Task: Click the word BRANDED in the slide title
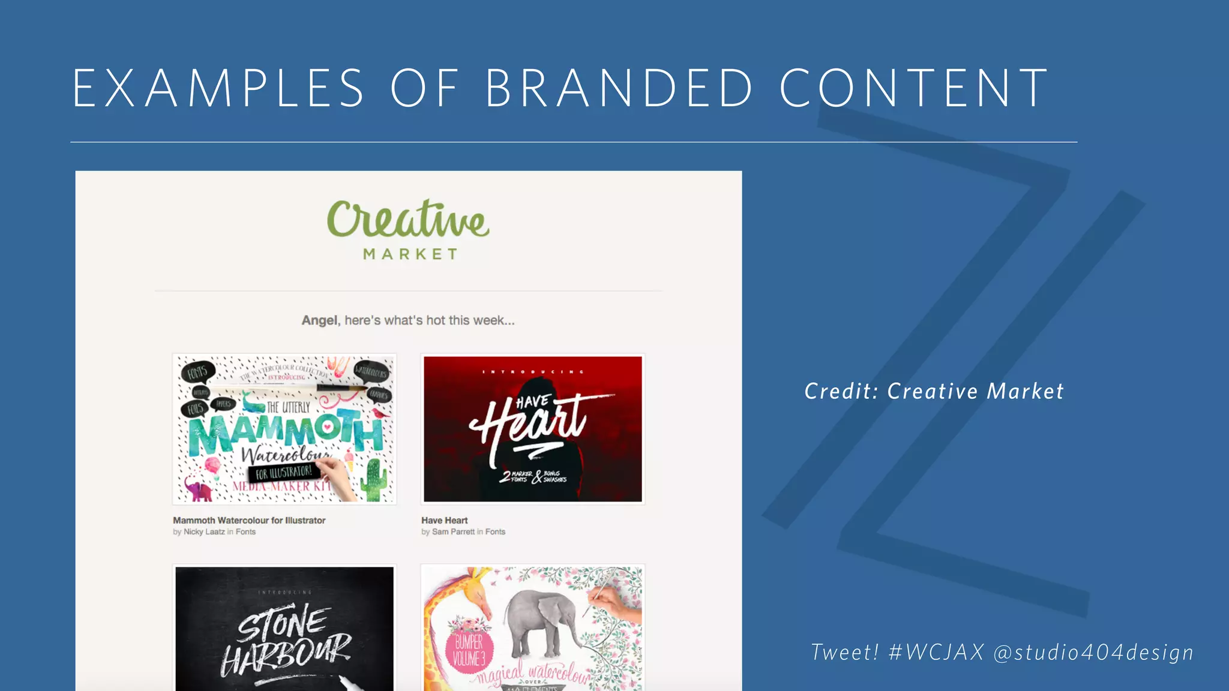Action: point(618,88)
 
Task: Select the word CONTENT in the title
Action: point(914,88)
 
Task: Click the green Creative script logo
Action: point(408,220)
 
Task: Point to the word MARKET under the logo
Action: point(410,254)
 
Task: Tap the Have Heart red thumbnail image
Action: point(533,429)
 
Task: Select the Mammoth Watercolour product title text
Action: point(249,521)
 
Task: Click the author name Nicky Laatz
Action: point(204,532)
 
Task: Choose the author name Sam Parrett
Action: point(453,532)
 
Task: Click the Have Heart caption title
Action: point(444,521)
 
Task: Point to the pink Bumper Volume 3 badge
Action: point(469,651)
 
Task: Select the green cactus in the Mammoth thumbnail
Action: point(375,480)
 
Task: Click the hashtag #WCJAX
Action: point(936,653)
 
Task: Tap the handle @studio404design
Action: point(1093,653)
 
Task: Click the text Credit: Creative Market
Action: point(934,392)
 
